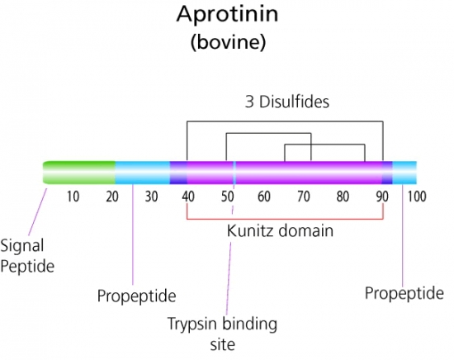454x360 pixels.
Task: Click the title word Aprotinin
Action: (x=227, y=15)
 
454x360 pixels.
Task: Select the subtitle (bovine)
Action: (x=228, y=42)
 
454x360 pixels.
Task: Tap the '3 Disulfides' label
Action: (x=287, y=102)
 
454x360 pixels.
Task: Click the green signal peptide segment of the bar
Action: (x=79, y=173)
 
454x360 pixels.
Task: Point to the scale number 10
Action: (x=73, y=197)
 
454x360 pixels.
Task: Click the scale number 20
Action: (x=112, y=197)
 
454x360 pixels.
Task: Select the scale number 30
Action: (x=151, y=197)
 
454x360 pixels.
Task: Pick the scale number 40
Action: (x=188, y=197)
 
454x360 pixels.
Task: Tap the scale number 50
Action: (x=228, y=197)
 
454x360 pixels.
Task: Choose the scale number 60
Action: (x=264, y=197)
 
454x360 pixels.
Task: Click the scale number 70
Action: (x=304, y=197)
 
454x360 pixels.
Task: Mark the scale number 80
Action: (x=343, y=197)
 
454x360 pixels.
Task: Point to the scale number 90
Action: (x=382, y=197)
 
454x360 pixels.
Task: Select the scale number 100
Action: (x=417, y=197)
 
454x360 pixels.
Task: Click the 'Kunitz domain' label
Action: (x=280, y=231)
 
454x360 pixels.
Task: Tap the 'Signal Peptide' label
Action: (x=27, y=256)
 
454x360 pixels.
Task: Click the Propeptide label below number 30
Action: (x=137, y=296)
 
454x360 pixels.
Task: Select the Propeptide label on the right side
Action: (x=404, y=293)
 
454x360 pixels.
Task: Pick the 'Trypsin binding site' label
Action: (x=222, y=334)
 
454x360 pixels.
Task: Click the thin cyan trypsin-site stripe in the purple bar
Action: (x=234, y=173)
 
